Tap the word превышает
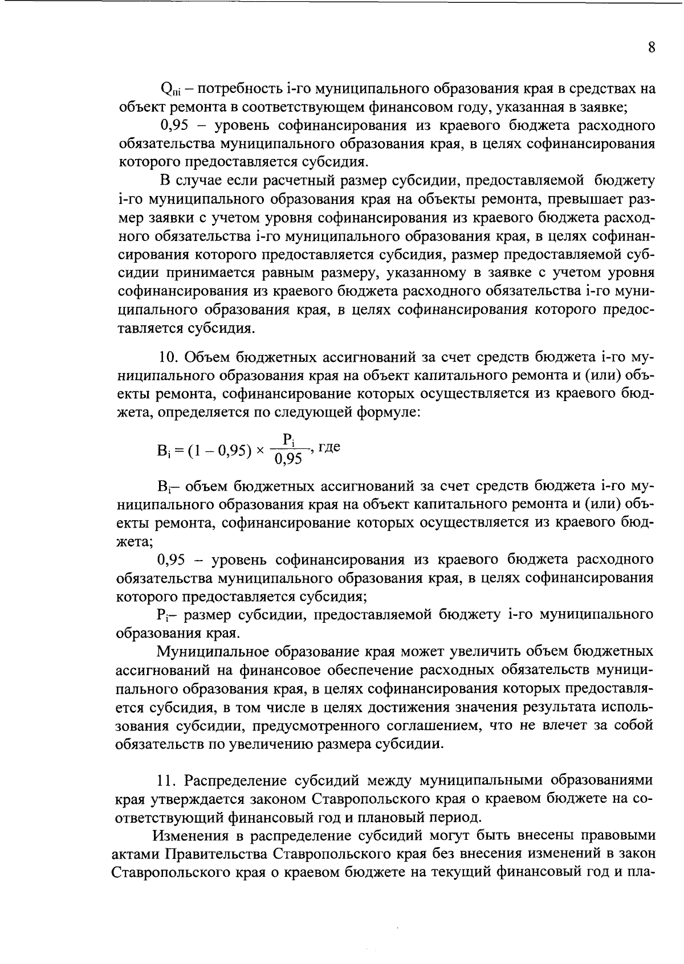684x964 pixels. point(584,200)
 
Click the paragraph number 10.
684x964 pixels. point(169,357)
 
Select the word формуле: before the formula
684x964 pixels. point(388,412)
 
